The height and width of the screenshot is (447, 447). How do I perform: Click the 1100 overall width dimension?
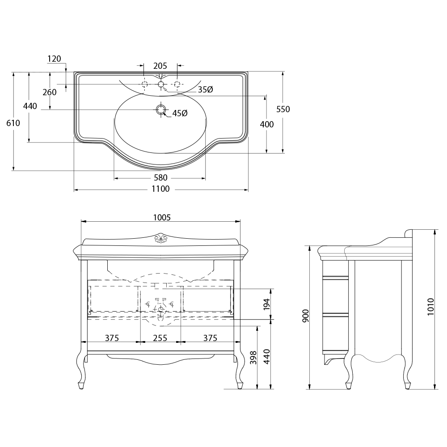(x=160, y=189)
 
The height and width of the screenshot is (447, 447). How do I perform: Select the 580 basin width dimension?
(x=160, y=177)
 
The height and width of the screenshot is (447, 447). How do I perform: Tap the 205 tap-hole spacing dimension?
(x=160, y=66)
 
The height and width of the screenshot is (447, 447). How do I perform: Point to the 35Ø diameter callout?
(x=205, y=89)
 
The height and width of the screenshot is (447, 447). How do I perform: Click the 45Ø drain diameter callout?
(x=180, y=113)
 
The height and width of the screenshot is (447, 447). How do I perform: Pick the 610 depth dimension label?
(x=13, y=123)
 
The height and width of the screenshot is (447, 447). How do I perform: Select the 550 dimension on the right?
(x=283, y=109)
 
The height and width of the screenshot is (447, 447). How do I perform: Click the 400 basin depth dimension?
(x=267, y=124)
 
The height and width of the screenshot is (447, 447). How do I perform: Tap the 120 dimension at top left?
(x=54, y=59)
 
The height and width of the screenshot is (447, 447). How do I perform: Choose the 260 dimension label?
(x=50, y=92)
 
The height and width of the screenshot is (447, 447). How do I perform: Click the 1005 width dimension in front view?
(x=162, y=218)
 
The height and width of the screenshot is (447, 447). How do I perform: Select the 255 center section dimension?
(x=160, y=338)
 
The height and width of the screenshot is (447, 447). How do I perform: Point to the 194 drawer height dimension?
(x=266, y=304)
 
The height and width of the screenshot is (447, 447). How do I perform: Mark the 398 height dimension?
(x=253, y=358)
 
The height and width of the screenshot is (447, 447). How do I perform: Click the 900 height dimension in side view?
(x=305, y=316)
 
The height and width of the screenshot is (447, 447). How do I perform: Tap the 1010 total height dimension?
(x=430, y=307)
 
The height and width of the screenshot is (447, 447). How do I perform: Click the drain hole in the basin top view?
(x=161, y=110)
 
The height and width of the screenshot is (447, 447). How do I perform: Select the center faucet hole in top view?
(x=161, y=84)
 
